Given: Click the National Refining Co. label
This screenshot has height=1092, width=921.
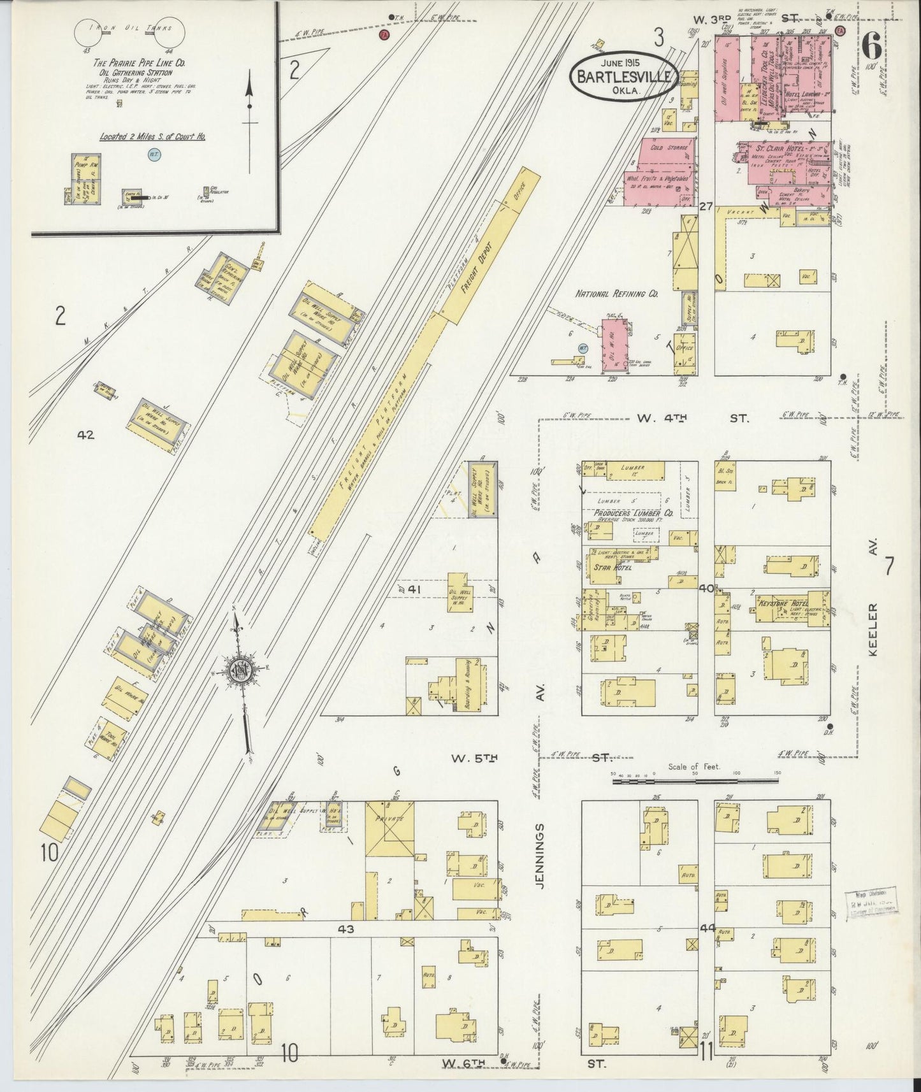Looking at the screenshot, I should click(x=616, y=295).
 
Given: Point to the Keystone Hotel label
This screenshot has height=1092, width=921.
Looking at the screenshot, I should click(x=781, y=602).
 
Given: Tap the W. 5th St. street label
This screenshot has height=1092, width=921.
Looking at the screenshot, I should click(x=474, y=758).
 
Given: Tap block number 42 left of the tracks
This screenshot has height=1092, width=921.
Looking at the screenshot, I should click(x=85, y=436).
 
